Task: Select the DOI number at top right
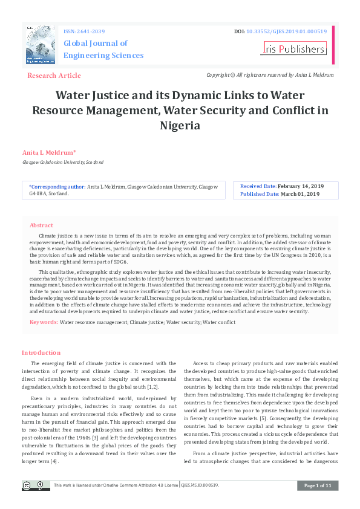tap(286, 31)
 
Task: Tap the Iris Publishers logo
tap(294, 49)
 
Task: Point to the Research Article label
tap(54, 76)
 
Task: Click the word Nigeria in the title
tap(180, 126)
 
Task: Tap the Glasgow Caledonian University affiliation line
tap(62, 163)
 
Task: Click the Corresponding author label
tap(57, 187)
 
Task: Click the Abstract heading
tap(41, 225)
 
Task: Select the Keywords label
tap(44, 322)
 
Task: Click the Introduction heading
tap(41, 352)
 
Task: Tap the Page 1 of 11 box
tap(317, 485)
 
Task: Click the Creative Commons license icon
tap(36, 485)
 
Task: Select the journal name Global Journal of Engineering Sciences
tap(103, 49)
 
